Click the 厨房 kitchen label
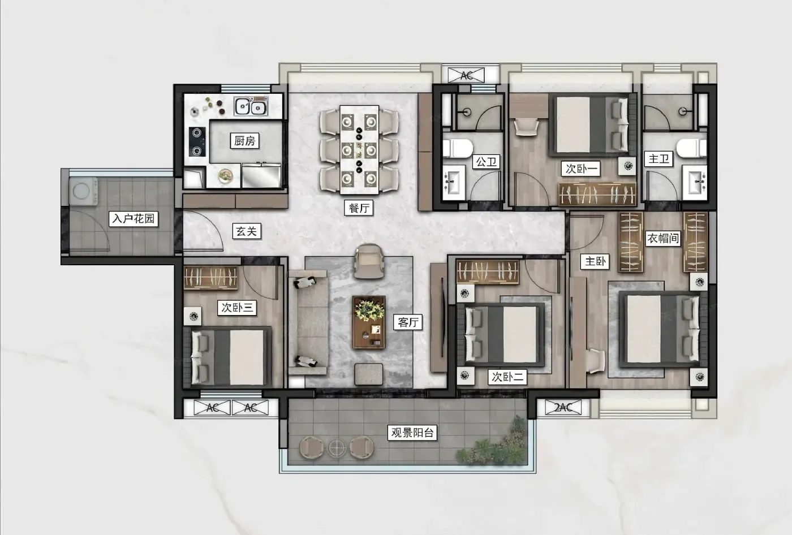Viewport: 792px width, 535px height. coord(244,141)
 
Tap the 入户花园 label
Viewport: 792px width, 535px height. coord(134,219)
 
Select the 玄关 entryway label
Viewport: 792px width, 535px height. coord(247,231)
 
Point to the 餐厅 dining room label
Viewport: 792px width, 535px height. coord(359,208)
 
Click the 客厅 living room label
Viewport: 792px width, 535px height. coord(408,322)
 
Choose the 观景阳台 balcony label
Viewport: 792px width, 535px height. coord(412,432)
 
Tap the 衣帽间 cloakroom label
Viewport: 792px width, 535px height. coord(663,238)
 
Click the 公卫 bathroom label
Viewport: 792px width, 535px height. coord(487,162)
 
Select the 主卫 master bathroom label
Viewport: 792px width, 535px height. coord(658,159)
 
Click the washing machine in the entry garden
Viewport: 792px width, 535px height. coord(84,191)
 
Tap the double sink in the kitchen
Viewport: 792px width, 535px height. coord(251,106)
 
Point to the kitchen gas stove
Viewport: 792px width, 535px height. coord(197,142)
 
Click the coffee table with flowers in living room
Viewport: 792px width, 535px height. coord(369,322)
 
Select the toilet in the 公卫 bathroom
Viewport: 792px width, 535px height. coord(458,148)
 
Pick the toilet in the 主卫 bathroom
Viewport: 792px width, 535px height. coord(691,148)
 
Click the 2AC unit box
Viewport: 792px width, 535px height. coord(563,407)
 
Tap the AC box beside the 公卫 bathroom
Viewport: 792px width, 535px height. coord(466,75)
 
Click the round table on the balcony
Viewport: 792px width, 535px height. coord(336,448)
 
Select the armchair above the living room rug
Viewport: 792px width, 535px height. coord(369,261)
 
